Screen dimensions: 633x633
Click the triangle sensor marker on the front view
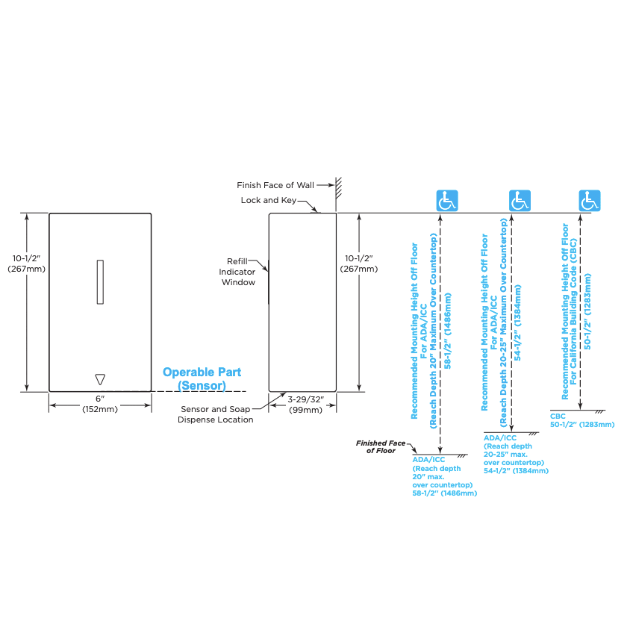[100, 379]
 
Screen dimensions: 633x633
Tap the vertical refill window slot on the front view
[100, 281]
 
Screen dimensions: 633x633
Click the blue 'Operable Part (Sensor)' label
[202, 378]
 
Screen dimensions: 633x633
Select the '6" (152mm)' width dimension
[100, 404]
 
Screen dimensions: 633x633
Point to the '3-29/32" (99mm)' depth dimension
[305, 405]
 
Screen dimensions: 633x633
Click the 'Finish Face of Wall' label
[275, 185]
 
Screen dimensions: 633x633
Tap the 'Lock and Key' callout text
[269, 200]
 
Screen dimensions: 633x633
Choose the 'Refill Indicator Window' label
[237, 272]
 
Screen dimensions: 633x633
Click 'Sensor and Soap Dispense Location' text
[216, 414]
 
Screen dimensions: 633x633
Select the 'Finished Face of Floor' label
[381, 447]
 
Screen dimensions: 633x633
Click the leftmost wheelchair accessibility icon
[447, 201]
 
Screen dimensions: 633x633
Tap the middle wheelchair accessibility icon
[520, 201]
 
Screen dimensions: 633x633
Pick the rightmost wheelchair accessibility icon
[590, 201]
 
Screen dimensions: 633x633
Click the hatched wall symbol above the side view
[338, 187]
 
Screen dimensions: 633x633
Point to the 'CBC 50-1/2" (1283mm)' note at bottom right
[582, 420]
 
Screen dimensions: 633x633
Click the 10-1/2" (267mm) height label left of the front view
[27, 264]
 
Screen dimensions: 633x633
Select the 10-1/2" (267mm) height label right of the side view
[359, 264]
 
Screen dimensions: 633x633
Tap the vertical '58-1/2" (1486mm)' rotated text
[448, 331]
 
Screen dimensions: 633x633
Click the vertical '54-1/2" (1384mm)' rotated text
[517, 322]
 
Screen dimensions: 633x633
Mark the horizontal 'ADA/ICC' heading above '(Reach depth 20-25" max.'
[500, 437]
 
